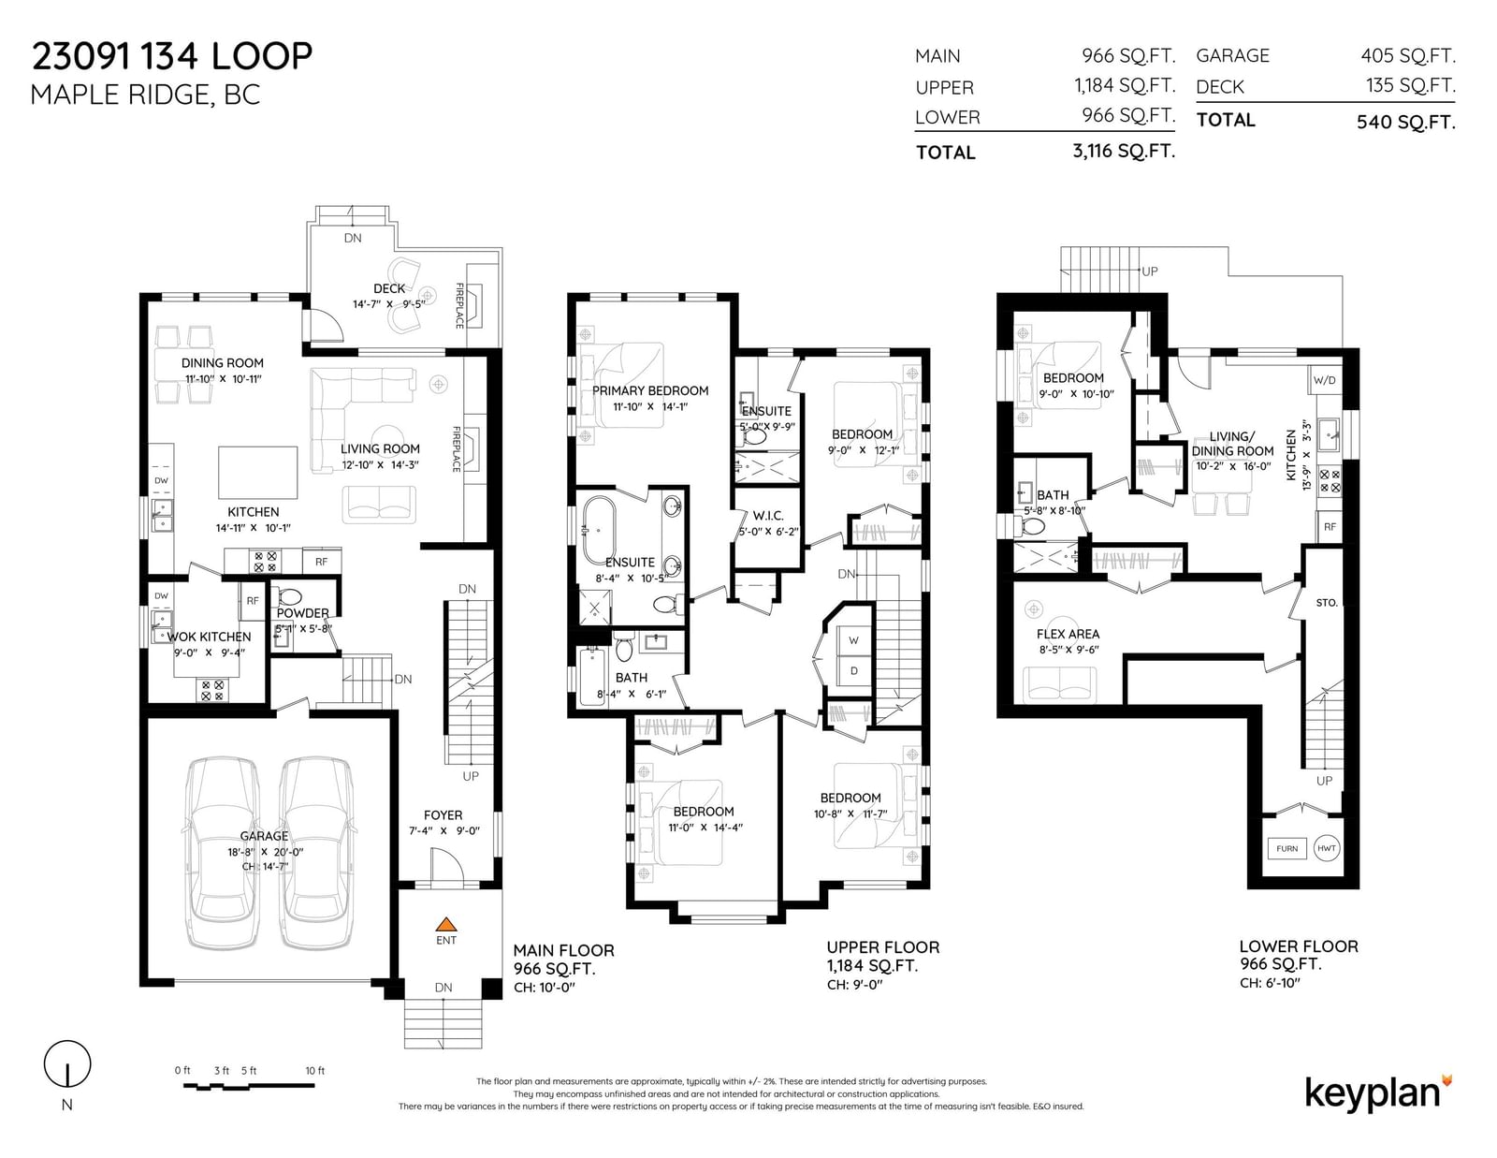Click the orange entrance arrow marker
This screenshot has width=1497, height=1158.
click(446, 924)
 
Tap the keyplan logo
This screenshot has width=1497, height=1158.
click(1379, 1093)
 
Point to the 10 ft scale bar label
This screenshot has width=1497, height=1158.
click(314, 1070)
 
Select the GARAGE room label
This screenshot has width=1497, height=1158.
click(264, 836)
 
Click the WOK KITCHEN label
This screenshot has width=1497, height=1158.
click(210, 637)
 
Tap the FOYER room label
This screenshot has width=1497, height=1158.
click(443, 814)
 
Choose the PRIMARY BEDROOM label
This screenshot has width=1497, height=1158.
click(650, 390)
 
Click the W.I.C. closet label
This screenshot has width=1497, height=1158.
click(768, 516)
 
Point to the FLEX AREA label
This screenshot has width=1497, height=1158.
click(1068, 634)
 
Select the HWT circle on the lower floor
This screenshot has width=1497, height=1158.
click(1326, 848)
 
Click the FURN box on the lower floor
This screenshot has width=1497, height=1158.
click(1286, 848)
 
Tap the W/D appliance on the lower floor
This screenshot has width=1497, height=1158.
click(1324, 380)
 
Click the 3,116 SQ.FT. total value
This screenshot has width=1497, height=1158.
click(1124, 151)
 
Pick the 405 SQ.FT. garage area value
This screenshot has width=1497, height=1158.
click(1408, 55)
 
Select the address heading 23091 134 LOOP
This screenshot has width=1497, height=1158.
click(172, 56)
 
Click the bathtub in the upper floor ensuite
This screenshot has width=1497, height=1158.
click(597, 530)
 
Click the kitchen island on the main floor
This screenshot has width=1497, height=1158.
click(257, 473)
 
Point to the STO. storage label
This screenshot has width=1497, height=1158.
click(1326, 603)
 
